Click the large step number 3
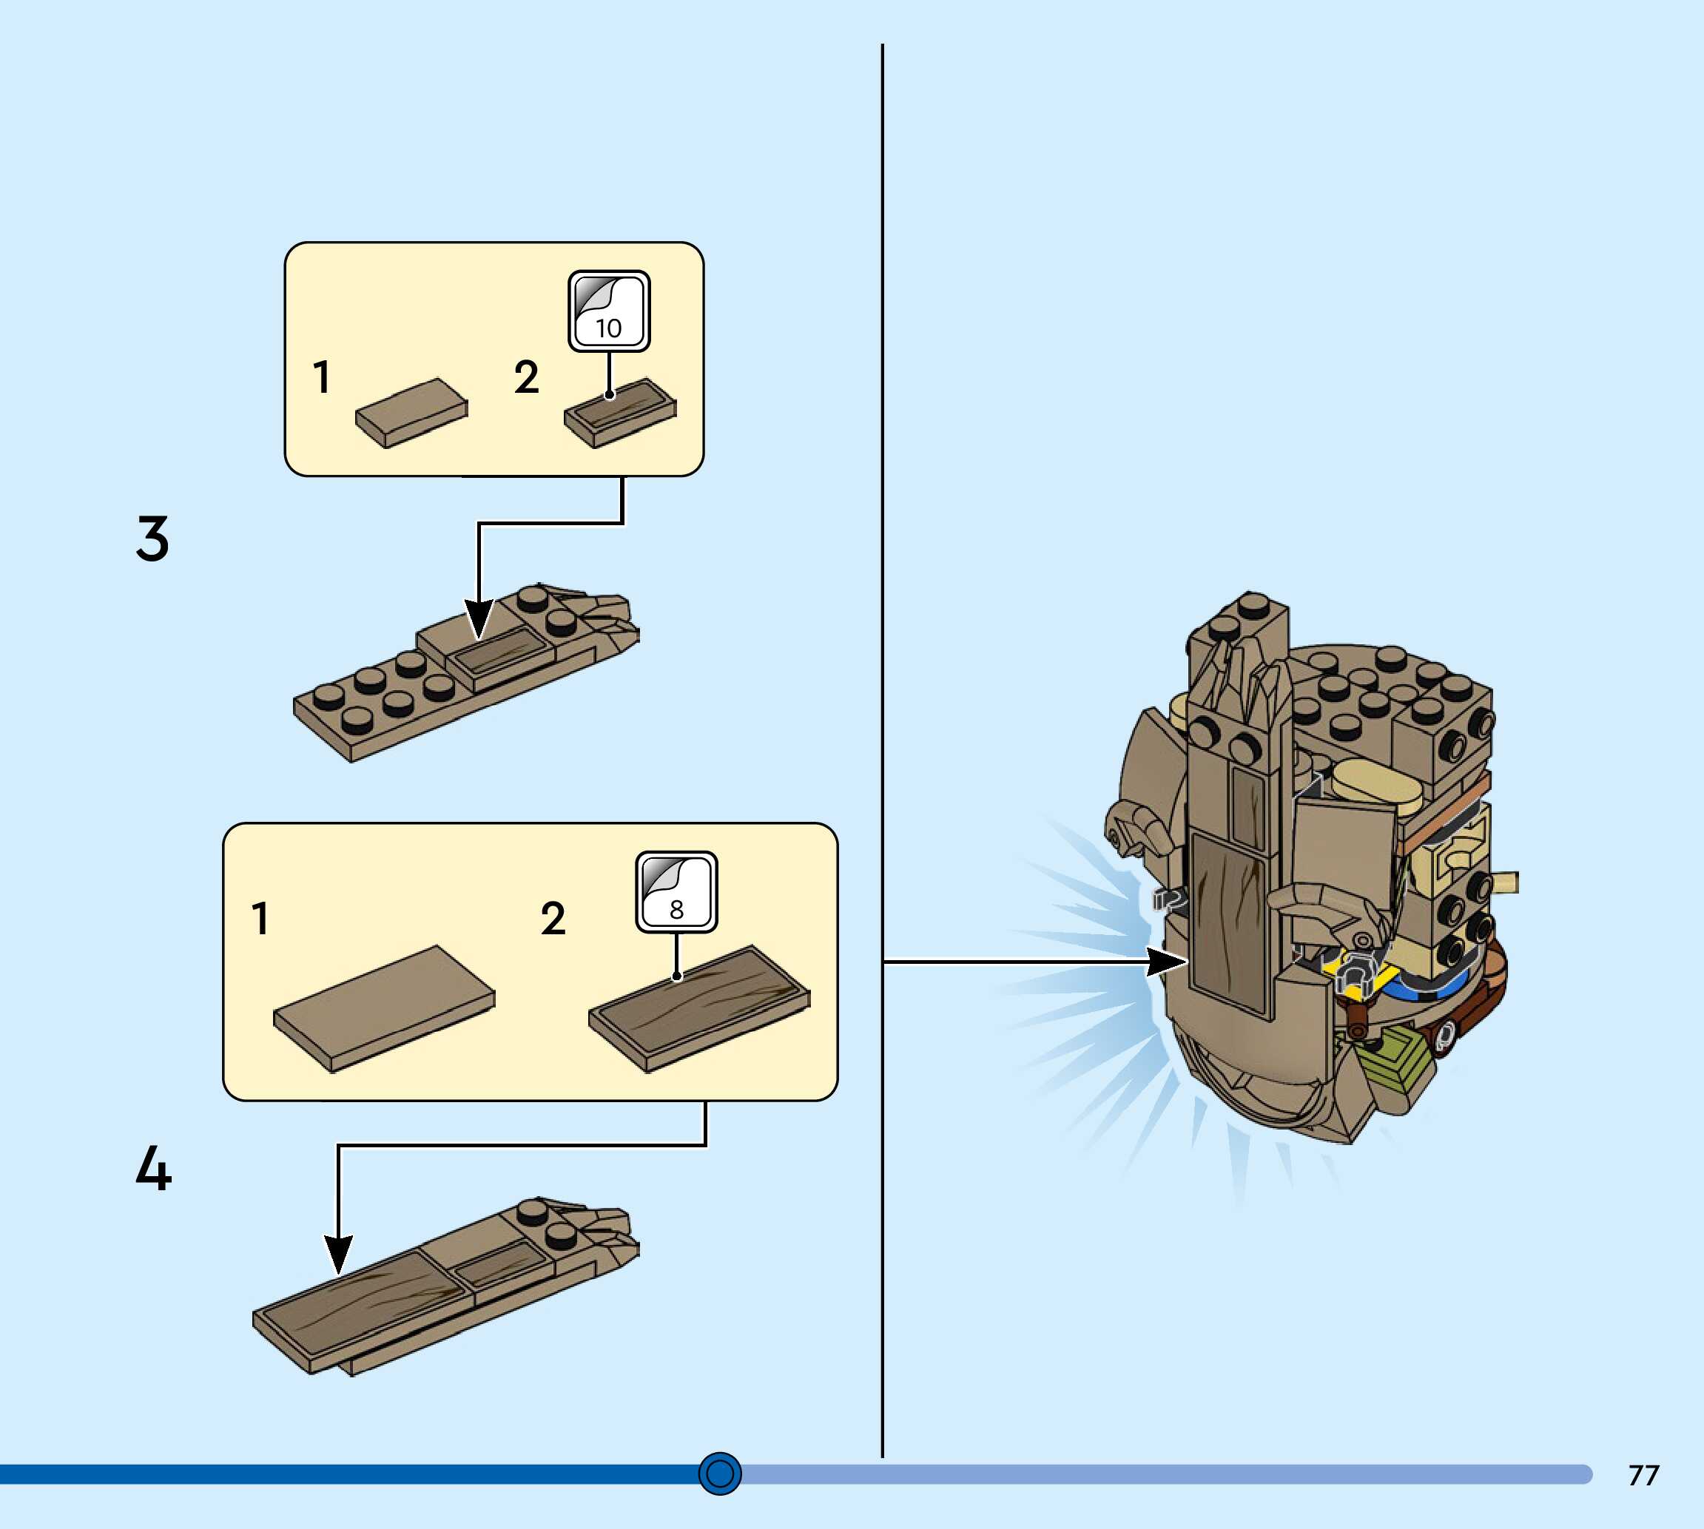pyautogui.click(x=152, y=539)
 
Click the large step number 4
pyautogui.click(x=153, y=1169)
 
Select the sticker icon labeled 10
pyautogui.click(x=609, y=311)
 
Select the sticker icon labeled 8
pyautogui.click(x=676, y=892)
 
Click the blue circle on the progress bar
pyautogui.click(x=720, y=1474)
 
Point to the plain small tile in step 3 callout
pyautogui.click(x=411, y=413)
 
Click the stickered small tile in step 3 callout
pyautogui.click(x=620, y=413)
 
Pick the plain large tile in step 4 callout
pyautogui.click(x=384, y=1007)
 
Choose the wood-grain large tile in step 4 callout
pyautogui.click(x=699, y=1007)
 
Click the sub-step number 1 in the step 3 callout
pyautogui.click(x=321, y=377)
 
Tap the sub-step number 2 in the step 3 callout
pyautogui.click(x=527, y=377)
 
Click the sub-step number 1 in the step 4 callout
pyautogui.click(x=260, y=918)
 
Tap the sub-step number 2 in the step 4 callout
pyautogui.click(x=553, y=918)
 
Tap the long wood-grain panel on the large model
pyautogui.click(x=1228, y=924)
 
